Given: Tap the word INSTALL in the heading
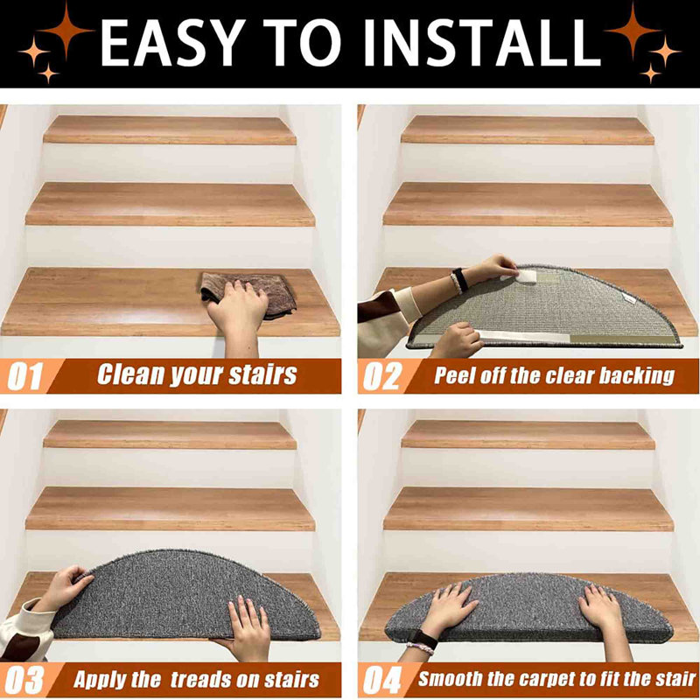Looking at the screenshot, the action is click(x=481, y=43).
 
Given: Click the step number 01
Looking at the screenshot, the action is click(x=25, y=376).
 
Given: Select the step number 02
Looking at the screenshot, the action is click(x=382, y=376).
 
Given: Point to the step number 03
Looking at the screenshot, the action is click(x=25, y=681).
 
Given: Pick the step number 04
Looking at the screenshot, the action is click(x=382, y=681).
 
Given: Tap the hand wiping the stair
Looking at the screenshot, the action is click(x=238, y=312).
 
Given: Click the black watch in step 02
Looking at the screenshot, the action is click(x=460, y=280).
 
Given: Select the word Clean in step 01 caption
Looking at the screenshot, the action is click(x=130, y=374).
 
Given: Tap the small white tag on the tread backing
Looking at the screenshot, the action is click(x=629, y=299).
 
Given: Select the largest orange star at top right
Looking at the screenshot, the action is click(x=633, y=31).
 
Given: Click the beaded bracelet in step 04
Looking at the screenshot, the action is click(x=419, y=647).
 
